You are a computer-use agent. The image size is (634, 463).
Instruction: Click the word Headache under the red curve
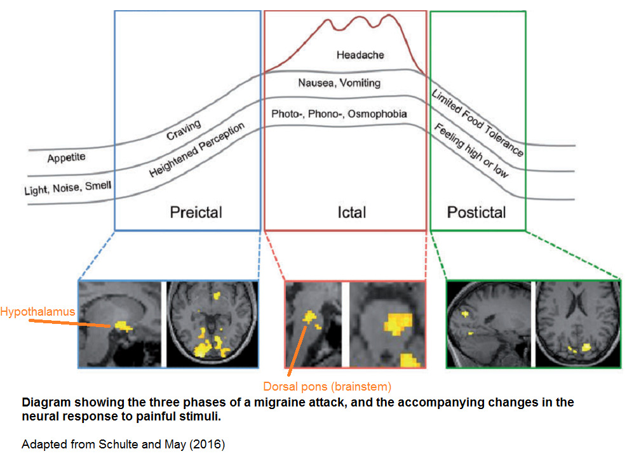360,55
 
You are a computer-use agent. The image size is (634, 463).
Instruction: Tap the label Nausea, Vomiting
339,83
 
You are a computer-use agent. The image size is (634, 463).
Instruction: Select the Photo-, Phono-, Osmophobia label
339,114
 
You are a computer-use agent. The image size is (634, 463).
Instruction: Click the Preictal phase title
196,211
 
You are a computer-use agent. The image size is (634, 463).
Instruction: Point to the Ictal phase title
352,211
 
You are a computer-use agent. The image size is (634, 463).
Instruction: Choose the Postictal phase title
476,211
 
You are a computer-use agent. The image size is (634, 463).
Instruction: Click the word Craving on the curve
184,130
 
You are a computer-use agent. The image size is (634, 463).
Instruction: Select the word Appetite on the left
66,157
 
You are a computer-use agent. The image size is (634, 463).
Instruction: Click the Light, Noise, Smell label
67,187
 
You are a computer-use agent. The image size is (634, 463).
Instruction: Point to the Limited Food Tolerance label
478,123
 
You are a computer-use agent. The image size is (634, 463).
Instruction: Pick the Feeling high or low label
471,151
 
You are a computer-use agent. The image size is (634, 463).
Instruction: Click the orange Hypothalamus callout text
37,312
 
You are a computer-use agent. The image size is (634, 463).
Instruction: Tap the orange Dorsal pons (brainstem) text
327,386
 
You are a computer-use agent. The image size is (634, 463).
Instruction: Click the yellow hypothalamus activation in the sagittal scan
122,326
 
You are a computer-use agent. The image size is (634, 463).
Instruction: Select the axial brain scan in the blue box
212,325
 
